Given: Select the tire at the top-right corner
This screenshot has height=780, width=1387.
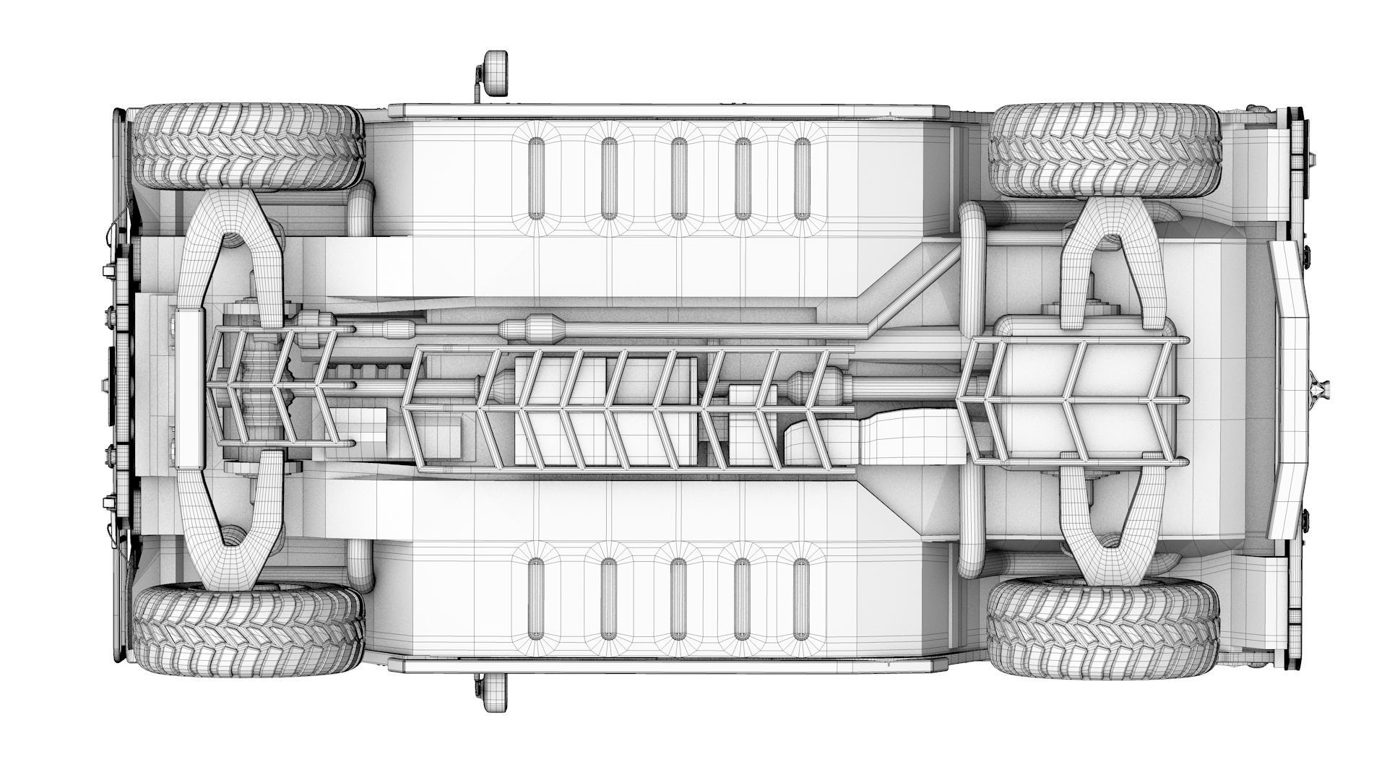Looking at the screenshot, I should pos(1104,149).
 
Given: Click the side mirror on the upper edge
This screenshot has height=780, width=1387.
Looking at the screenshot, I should pos(496,73).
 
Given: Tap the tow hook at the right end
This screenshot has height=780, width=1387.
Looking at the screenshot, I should pos(1320,390).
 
